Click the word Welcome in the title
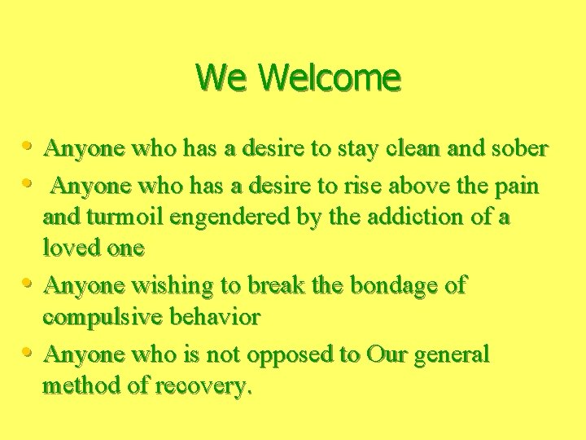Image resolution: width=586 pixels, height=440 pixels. pyautogui.click(x=330, y=78)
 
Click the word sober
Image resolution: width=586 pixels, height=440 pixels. pyautogui.click(x=520, y=149)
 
